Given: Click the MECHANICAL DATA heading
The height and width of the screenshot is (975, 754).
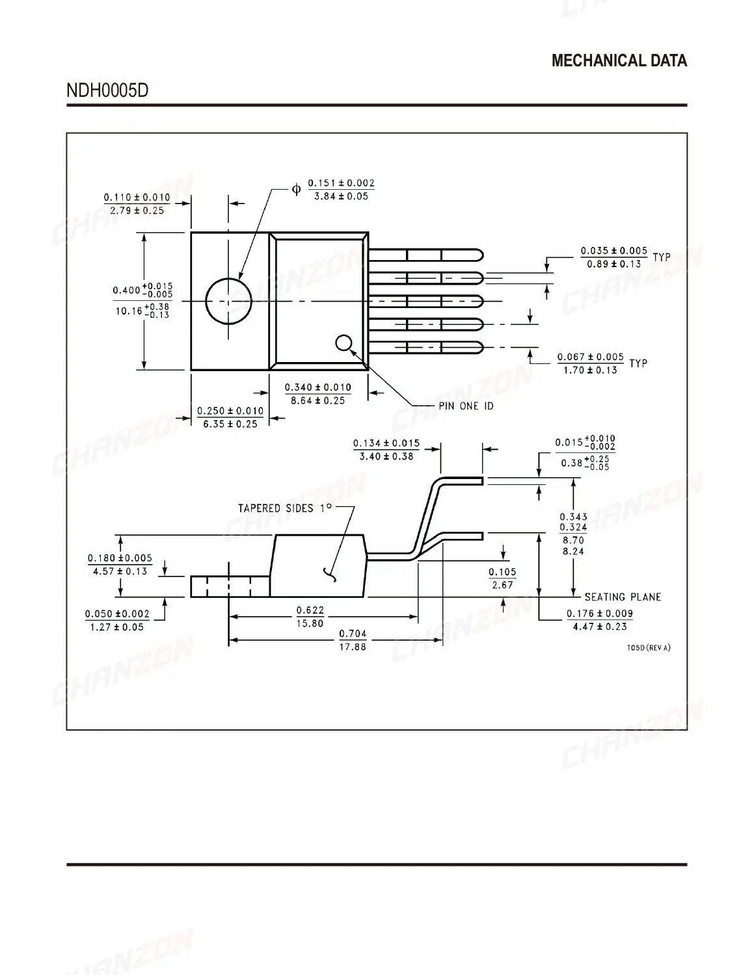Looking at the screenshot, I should [619, 61].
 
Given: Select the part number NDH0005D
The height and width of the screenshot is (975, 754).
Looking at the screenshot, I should [107, 90].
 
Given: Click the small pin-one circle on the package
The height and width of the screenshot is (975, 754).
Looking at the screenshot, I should [344, 343].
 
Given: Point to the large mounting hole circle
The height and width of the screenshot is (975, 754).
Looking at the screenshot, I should [228, 301].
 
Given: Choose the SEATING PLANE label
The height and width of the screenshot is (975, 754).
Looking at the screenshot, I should [623, 597].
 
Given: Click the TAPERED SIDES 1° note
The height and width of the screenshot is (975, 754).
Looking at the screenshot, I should [285, 508].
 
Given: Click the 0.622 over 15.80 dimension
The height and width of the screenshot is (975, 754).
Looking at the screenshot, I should [310, 616].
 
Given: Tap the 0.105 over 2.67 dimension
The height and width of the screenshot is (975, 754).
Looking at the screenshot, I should [502, 578].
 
